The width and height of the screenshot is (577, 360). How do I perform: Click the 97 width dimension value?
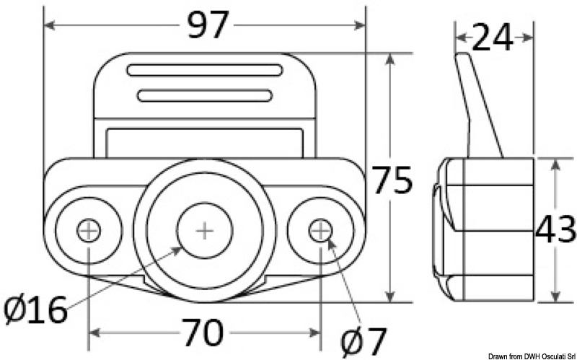click(x=207, y=26)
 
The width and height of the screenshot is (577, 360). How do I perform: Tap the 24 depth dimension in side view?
click(x=493, y=38)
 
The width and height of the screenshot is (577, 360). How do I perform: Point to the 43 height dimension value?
click(x=555, y=230)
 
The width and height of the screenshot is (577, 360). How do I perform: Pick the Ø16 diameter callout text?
click(x=35, y=311)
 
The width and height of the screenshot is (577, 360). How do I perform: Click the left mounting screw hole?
click(x=89, y=231)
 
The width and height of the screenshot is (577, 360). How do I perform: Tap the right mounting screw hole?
click(x=320, y=231)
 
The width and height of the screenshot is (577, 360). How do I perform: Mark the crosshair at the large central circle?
click(x=205, y=231)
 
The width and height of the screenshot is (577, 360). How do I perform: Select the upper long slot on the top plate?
click(x=205, y=71)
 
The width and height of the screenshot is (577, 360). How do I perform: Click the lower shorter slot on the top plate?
click(x=205, y=95)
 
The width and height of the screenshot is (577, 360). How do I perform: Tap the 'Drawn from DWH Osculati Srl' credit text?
click(x=531, y=355)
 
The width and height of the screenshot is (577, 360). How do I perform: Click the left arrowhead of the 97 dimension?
click(x=49, y=26)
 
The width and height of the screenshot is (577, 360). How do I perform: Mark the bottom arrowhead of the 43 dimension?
click(x=555, y=296)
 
